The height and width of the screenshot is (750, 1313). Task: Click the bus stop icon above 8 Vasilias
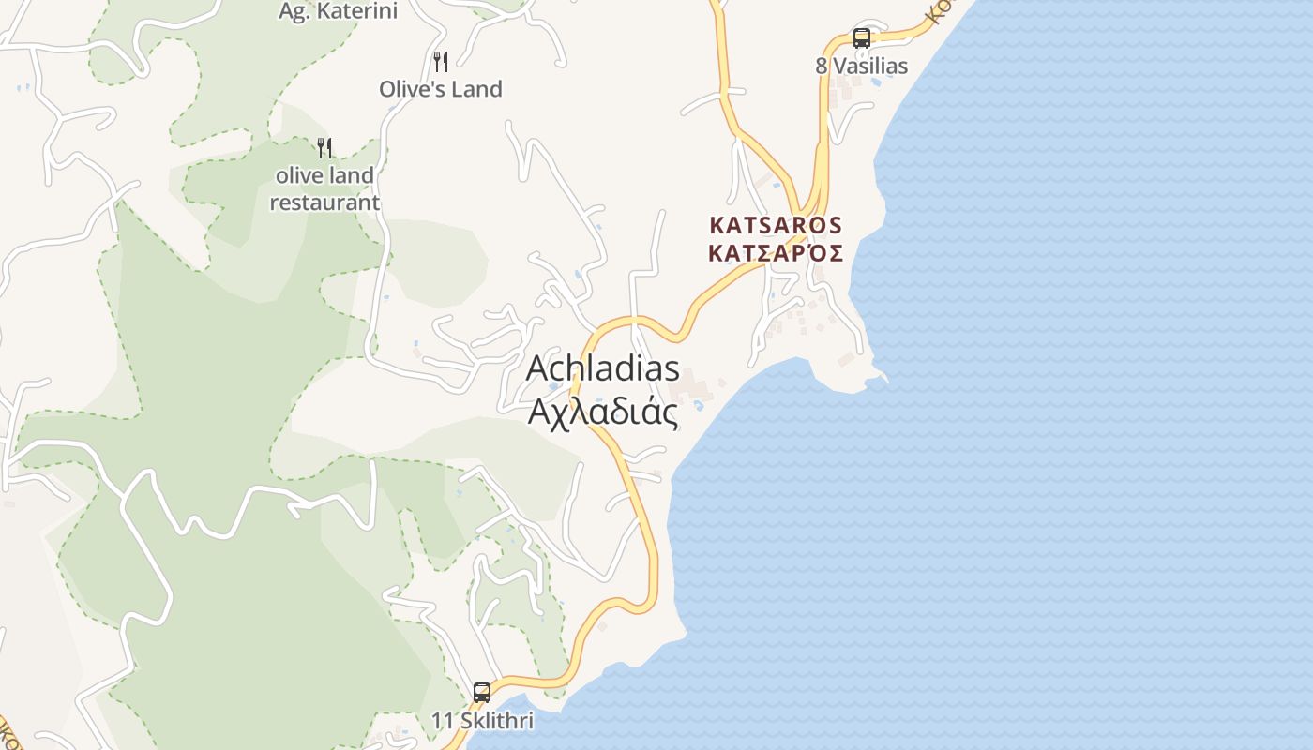861,38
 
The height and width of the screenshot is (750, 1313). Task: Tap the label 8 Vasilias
861,66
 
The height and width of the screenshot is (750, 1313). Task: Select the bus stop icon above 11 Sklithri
482,693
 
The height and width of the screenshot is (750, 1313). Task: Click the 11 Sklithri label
482,721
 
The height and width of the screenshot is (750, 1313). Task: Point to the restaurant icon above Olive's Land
441,62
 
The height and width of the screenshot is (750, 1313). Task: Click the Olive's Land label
441,89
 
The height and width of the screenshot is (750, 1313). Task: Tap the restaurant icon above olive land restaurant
324,147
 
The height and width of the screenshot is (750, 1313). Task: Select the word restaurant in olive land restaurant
324,202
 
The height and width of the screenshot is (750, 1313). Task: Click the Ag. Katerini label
339,11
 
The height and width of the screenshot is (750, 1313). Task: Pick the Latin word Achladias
602,367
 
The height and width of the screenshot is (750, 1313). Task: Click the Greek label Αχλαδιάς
602,412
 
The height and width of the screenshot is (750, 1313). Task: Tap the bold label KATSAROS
777,226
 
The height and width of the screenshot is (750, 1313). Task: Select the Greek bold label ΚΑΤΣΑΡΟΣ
777,253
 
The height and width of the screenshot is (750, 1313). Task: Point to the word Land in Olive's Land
478,89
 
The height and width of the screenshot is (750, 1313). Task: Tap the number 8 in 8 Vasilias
821,66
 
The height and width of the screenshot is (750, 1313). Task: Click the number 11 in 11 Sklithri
442,721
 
